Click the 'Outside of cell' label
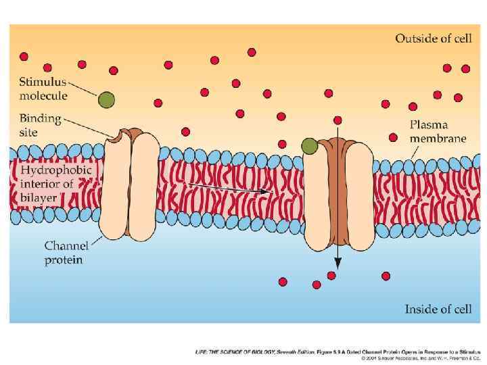(433, 38)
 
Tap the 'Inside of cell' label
(438, 309)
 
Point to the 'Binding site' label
(39, 126)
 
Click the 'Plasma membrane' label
(438, 131)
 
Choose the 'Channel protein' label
(64, 253)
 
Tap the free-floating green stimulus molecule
(106, 100)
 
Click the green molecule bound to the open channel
(309, 146)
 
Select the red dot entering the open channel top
(338, 120)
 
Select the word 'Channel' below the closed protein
(64, 246)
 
